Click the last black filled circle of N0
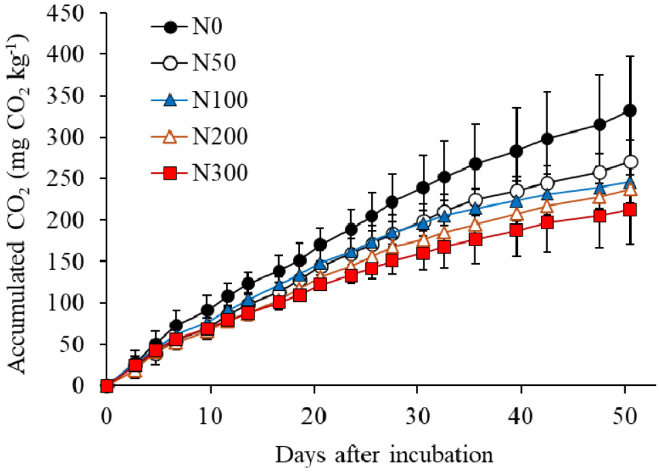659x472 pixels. (630, 111)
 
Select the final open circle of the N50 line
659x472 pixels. (630, 162)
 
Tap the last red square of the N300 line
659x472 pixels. (630, 210)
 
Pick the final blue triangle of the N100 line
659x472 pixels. (630, 182)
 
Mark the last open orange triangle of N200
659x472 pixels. (630, 190)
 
